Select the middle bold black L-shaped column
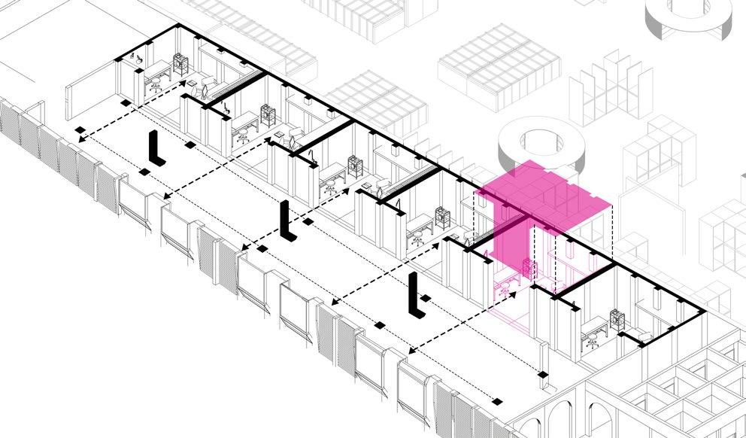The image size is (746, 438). coord(286,221)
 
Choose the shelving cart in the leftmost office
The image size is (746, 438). coord(180,64)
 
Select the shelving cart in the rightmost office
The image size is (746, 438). coord(618,319)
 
